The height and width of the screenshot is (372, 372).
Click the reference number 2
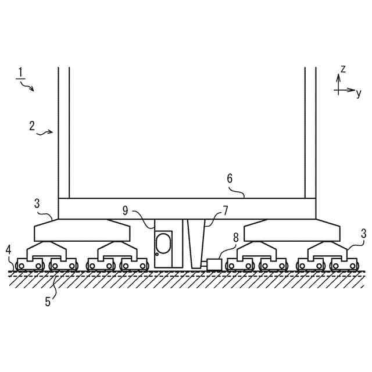(32, 126)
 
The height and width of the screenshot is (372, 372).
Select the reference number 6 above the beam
(230, 179)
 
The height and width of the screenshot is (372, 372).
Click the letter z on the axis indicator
(343, 69)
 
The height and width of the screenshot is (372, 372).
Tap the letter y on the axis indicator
(359, 93)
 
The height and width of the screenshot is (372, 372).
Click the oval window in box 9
(164, 243)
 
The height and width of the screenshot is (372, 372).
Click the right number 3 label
(348, 233)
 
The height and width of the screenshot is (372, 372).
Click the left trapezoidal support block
(81, 231)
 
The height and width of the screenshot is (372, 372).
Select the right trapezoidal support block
(291, 231)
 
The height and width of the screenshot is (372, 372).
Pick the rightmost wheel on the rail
(353, 266)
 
